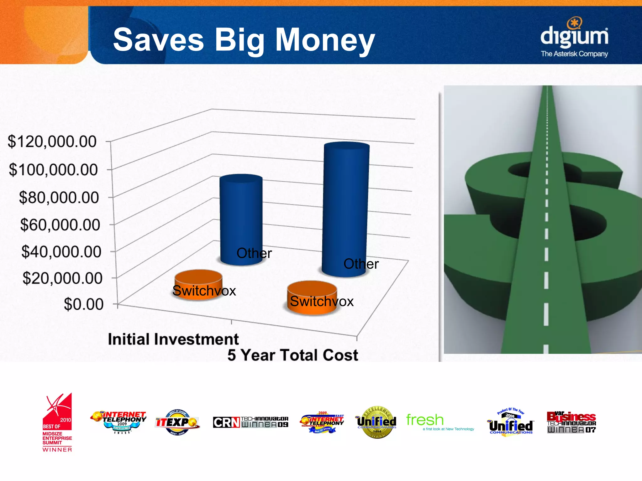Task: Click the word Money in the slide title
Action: pos(325,40)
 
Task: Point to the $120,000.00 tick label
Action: pos(52,142)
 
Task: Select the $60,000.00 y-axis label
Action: pos(60,225)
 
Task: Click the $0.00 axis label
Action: pos(83,304)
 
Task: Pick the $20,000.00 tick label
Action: pos(62,278)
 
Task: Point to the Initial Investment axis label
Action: pos(173,339)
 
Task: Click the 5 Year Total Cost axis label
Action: pos(292,355)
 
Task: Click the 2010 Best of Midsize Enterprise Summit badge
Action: pos(57,422)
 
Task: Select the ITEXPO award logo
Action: pos(177,422)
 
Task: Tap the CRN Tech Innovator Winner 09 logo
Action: pos(250,422)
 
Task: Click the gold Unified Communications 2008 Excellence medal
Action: pos(376,422)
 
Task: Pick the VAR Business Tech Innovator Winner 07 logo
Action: pos(571,422)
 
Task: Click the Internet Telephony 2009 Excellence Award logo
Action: pos(119,422)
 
